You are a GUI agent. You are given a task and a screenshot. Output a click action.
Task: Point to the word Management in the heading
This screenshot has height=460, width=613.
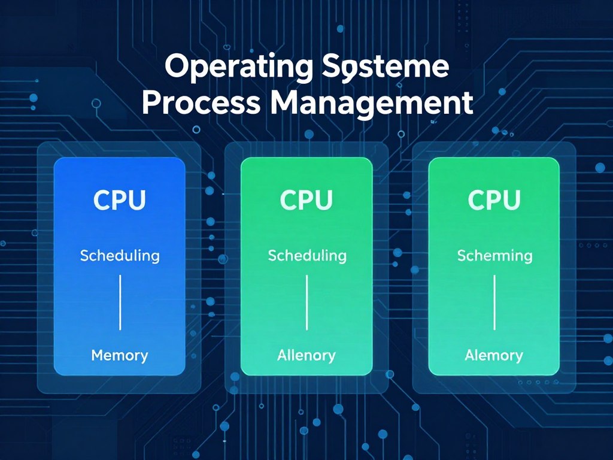click(372, 103)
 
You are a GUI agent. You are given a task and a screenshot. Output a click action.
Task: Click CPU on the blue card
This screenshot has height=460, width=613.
click(120, 201)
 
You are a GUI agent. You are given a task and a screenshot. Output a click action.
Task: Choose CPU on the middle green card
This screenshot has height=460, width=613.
click(306, 201)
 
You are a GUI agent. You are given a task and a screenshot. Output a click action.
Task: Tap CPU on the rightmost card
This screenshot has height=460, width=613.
click(494, 201)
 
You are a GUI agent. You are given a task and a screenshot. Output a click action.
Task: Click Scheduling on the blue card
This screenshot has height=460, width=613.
click(120, 256)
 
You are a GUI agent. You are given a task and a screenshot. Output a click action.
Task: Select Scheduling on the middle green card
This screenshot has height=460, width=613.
click(307, 256)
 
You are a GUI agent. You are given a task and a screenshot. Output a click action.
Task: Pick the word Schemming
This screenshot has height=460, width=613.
click(494, 256)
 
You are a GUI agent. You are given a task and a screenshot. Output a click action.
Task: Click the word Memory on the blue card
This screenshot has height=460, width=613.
click(120, 355)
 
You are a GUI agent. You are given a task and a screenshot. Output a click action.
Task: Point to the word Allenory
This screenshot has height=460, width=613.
click(306, 355)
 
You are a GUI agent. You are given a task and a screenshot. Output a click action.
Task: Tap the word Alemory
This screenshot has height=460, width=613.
click(494, 355)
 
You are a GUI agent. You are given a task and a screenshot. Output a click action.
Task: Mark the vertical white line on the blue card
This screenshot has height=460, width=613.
click(120, 302)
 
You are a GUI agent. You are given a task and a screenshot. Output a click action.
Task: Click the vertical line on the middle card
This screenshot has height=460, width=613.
click(307, 302)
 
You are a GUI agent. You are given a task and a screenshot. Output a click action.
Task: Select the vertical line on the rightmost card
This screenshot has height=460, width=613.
click(494, 302)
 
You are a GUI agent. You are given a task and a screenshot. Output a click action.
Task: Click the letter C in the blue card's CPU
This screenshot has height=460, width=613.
click(102, 201)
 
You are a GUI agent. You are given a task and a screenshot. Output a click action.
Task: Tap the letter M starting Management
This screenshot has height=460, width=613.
click(287, 103)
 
